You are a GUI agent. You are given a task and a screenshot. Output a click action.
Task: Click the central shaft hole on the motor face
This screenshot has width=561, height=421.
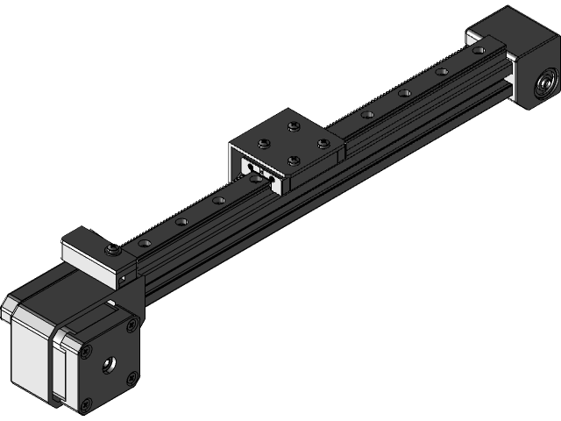click(110, 361)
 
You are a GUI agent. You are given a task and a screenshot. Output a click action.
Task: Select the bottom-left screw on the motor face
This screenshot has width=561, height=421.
click(88, 403)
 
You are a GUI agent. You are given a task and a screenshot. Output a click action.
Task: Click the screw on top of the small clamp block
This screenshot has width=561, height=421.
click(113, 252)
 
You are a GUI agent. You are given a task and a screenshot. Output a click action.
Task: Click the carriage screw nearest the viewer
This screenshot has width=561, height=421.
click(293, 160)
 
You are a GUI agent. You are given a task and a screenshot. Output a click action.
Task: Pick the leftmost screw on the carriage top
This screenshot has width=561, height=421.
click(262, 143)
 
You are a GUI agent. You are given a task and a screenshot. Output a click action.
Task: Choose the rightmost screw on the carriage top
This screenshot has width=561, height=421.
click(323, 142)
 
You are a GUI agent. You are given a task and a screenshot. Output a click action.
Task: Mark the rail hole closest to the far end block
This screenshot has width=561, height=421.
click(478, 51)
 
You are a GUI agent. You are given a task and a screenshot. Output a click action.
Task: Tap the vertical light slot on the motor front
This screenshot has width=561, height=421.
click(60, 368)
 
